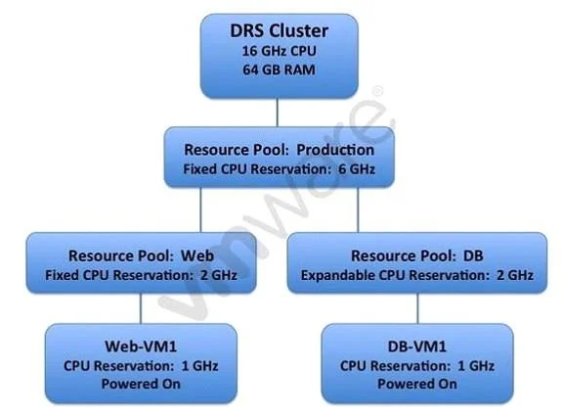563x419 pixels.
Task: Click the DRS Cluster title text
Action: pyautogui.click(x=279, y=31)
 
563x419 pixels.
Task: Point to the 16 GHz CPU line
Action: pyautogui.click(x=279, y=51)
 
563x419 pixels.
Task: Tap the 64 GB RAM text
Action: pyautogui.click(x=279, y=70)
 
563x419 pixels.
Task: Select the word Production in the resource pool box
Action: pyautogui.click(x=335, y=150)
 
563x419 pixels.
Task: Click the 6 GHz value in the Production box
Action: pyautogui.click(x=357, y=169)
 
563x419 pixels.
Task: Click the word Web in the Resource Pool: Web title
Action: pyautogui.click(x=197, y=256)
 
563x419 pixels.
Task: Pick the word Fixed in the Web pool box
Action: pyautogui.click(x=62, y=275)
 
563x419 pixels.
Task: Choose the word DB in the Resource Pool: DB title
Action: pyautogui.click(x=473, y=256)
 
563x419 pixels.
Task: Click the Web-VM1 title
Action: pyautogui.click(x=141, y=347)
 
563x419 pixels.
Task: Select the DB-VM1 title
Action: pyautogui.click(x=417, y=347)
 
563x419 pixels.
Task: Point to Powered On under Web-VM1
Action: pyautogui.click(x=141, y=384)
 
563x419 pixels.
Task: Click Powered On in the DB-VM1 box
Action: pyautogui.click(x=417, y=384)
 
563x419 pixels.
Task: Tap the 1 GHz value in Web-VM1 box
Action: pyautogui.click(x=200, y=366)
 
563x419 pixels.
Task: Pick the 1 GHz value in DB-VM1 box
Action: pyautogui.click(x=476, y=366)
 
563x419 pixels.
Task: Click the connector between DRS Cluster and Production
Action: pyautogui.click(x=278, y=113)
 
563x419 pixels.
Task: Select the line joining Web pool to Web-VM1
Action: pyautogui.click(x=141, y=308)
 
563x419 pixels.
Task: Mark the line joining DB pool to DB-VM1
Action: pyautogui.click(x=417, y=308)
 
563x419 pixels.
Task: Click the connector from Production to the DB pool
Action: pyautogui.click(x=358, y=210)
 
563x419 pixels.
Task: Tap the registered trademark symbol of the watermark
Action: pyautogui.click(x=378, y=91)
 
